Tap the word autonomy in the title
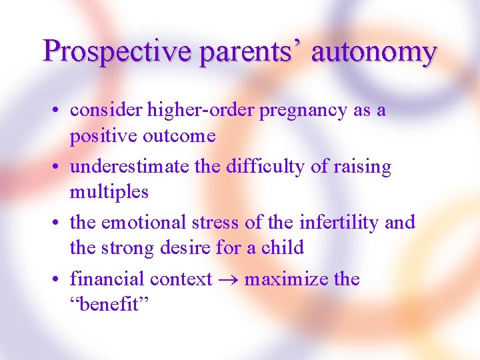click(x=374, y=51)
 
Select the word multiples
click(x=109, y=192)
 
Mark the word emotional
click(x=155, y=222)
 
